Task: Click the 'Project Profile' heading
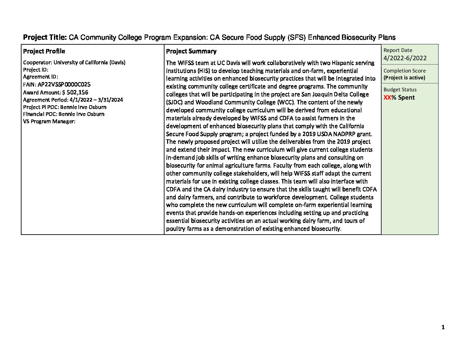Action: pyautogui.click(x=44, y=51)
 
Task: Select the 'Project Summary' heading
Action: pyautogui.click(x=191, y=51)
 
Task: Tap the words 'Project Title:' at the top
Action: pyautogui.click(x=45, y=37)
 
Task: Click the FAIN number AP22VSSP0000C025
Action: pyautogui.click(x=64, y=84)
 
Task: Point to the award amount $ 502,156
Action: pyautogui.click(x=75, y=92)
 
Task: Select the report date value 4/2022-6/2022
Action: pyautogui.click(x=405, y=58)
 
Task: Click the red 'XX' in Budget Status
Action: pyautogui.click(x=387, y=98)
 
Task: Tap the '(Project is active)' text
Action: pyautogui.click(x=404, y=78)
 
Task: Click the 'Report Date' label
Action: pyautogui.click(x=398, y=50)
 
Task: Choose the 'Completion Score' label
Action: pyautogui.click(x=404, y=71)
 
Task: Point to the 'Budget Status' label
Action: pyautogui.click(x=400, y=90)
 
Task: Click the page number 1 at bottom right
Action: pyautogui.click(x=443, y=328)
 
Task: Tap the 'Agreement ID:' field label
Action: pyautogui.click(x=41, y=77)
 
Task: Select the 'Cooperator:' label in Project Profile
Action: pyautogui.click(x=38, y=63)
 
